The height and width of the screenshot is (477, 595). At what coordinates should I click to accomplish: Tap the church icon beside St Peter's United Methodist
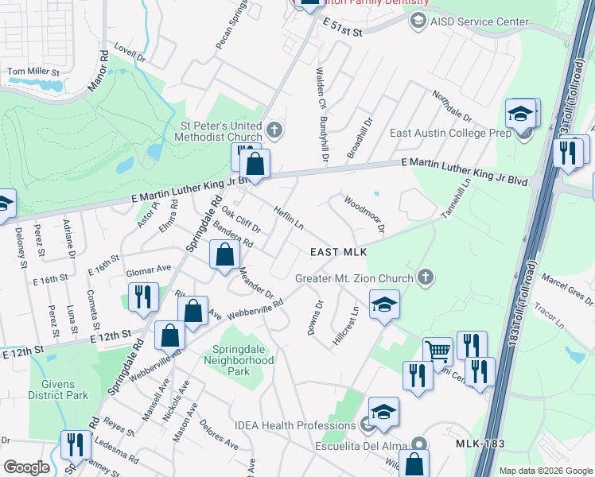274,129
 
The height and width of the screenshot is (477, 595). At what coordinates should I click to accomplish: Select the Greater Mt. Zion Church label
354,278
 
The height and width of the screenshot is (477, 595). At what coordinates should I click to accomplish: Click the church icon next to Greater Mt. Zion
426,277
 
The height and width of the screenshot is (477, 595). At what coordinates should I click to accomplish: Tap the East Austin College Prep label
449,133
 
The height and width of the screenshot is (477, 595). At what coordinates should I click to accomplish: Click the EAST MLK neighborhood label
338,252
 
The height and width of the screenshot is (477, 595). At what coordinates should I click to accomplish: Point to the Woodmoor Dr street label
364,213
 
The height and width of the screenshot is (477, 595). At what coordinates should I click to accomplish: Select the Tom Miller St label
33,72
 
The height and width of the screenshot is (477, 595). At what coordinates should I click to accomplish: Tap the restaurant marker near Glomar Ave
143,297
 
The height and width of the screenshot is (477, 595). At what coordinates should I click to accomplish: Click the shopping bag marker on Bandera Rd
225,254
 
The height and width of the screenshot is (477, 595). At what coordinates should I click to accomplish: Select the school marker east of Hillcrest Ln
383,304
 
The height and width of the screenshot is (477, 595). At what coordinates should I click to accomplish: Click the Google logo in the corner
26,467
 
